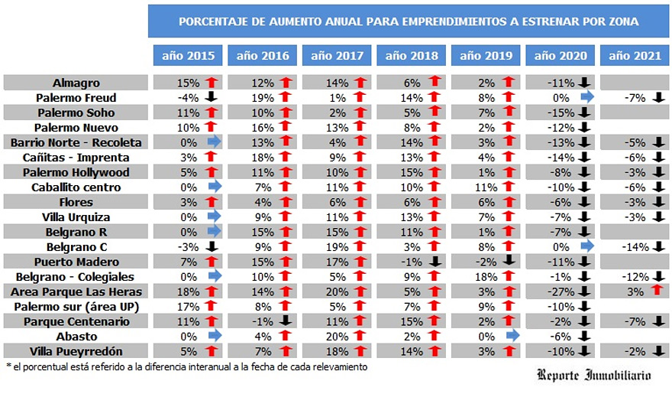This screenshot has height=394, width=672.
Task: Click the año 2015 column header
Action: [x=189, y=55]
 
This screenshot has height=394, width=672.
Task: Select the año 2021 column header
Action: [x=635, y=55]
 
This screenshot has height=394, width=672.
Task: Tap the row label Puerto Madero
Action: [x=76, y=262]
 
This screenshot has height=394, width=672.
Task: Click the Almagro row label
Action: [x=76, y=83]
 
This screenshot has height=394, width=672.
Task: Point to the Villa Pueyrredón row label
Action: [x=76, y=351]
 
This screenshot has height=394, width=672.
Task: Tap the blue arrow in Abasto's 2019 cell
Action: [x=511, y=336]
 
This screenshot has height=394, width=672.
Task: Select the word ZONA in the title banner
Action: [x=623, y=21]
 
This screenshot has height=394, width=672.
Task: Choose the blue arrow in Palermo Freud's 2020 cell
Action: [x=586, y=97]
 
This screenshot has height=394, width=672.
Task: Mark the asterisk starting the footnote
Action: [x=8, y=366]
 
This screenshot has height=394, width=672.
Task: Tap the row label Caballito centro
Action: [x=76, y=187]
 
